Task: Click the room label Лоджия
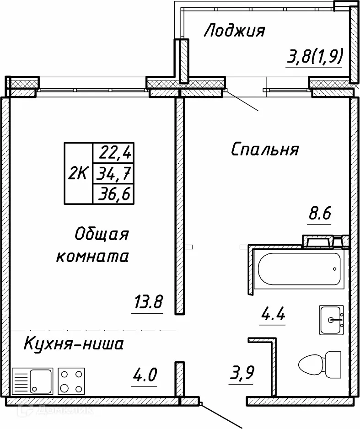(x=234, y=31)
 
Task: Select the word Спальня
(x=265, y=149)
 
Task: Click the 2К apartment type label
(x=78, y=173)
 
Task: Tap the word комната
(x=92, y=257)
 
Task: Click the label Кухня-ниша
(x=74, y=343)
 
